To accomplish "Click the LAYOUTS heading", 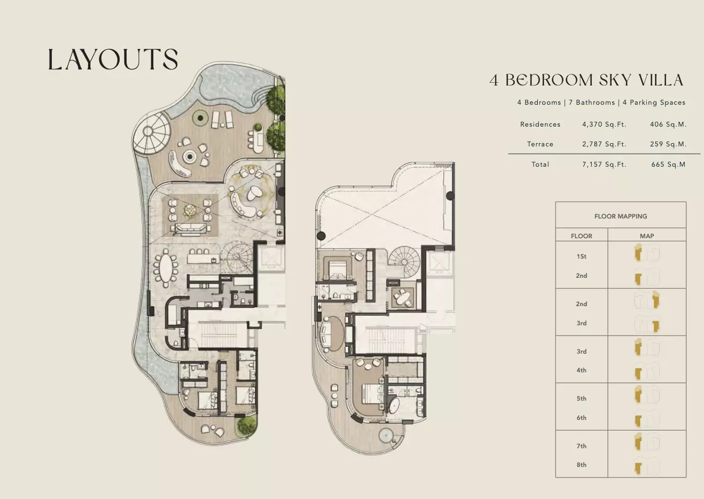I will (113, 59).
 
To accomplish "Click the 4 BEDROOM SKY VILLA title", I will (586, 80).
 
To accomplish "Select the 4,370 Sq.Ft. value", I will (604, 124).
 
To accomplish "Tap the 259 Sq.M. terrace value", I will (668, 144).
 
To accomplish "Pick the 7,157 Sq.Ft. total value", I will (604, 165).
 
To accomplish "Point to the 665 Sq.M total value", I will (668, 165).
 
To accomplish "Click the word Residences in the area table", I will (540, 124).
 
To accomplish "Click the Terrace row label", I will (540, 144).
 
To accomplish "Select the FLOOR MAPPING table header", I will (620, 216).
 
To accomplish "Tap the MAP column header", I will (647, 236).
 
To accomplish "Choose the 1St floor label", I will (581, 256).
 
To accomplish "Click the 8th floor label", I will (581, 465).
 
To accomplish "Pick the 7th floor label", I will (581, 446).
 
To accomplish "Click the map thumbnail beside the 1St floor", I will (646, 253).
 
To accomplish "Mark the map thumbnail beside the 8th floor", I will (646, 466).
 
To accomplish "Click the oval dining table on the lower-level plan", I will (166, 267).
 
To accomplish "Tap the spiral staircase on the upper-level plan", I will (404, 260).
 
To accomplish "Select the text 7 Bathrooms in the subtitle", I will (591, 103).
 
